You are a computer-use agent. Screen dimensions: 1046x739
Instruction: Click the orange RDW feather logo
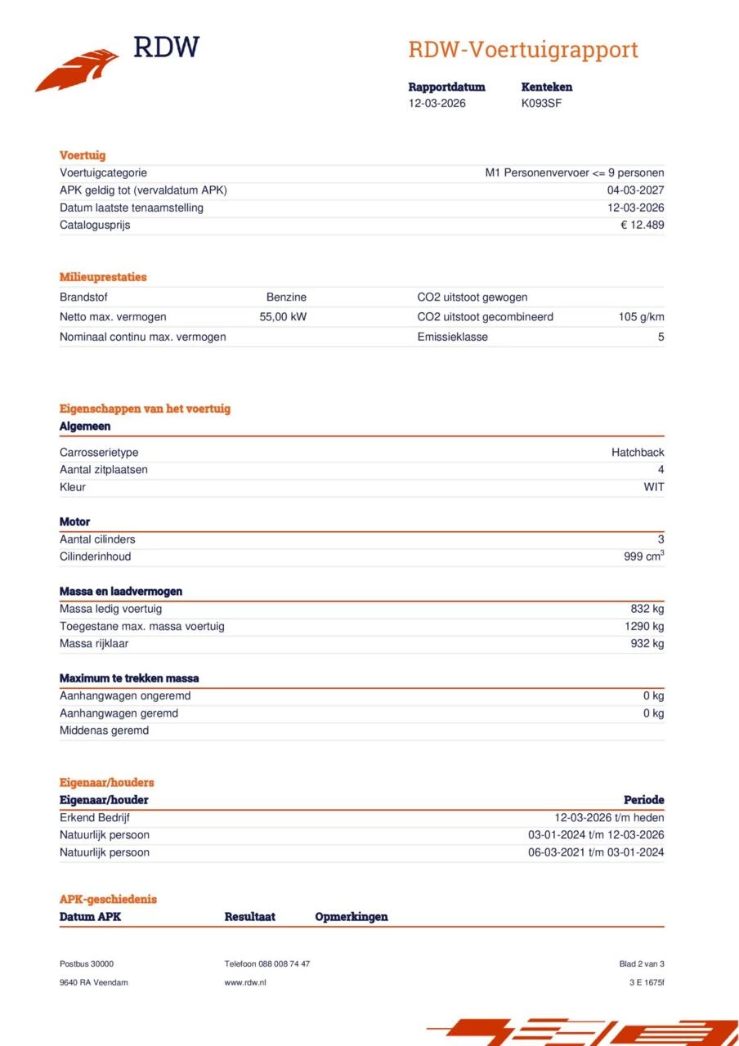[x=77, y=70]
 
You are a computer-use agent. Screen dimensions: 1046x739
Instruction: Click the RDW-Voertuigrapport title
[x=522, y=50]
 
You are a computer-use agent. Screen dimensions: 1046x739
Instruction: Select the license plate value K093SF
[x=541, y=104]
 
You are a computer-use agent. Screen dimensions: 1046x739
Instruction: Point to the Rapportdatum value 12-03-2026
[x=437, y=104]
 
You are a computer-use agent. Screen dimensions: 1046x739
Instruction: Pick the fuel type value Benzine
[x=286, y=297]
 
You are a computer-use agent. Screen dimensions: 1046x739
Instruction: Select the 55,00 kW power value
[x=283, y=317]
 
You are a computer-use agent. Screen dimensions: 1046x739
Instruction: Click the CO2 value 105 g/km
[x=641, y=317]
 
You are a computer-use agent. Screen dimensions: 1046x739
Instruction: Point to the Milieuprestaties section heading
[x=103, y=277]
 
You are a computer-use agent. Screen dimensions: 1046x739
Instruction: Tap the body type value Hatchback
[x=638, y=453]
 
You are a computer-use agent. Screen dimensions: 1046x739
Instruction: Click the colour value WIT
[x=653, y=487]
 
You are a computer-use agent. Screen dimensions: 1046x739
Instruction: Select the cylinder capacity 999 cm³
[x=643, y=557]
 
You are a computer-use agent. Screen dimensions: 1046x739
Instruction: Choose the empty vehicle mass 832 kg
[x=646, y=609]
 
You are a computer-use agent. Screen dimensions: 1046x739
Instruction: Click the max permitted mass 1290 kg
[x=644, y=627]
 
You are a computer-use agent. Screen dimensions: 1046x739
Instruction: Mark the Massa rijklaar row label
[x=94, y=644]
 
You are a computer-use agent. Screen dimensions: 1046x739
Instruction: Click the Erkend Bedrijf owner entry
[x=95, y=818]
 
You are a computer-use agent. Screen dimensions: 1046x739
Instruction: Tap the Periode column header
[x=643, y=800]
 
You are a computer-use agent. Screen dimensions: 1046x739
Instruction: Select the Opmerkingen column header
[x=352, y=917]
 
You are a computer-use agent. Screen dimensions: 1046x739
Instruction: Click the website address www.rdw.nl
[x=245, y=982]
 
